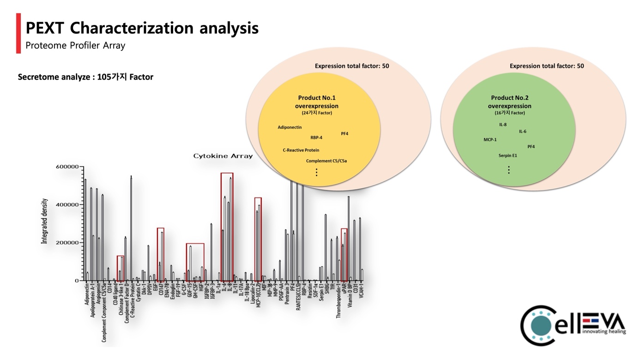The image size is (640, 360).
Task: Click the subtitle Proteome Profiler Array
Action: coord(75,45)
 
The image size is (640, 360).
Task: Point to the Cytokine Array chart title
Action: coord(223,156)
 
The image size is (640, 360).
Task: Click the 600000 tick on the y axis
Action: coord(67,167)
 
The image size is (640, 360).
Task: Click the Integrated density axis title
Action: coord(45,222)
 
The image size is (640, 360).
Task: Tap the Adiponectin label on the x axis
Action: coord(87,295)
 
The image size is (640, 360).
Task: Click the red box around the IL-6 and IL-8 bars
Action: coord(227,226)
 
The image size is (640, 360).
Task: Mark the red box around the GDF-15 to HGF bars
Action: coord(195,262)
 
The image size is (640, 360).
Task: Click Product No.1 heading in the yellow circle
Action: coord(317,98)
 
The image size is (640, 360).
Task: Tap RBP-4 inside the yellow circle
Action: coord(316,137)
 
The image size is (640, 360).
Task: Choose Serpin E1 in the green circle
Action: coord(508,156)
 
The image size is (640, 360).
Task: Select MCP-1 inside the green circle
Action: coord(490,139)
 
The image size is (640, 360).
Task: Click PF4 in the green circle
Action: coord(531,147)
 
